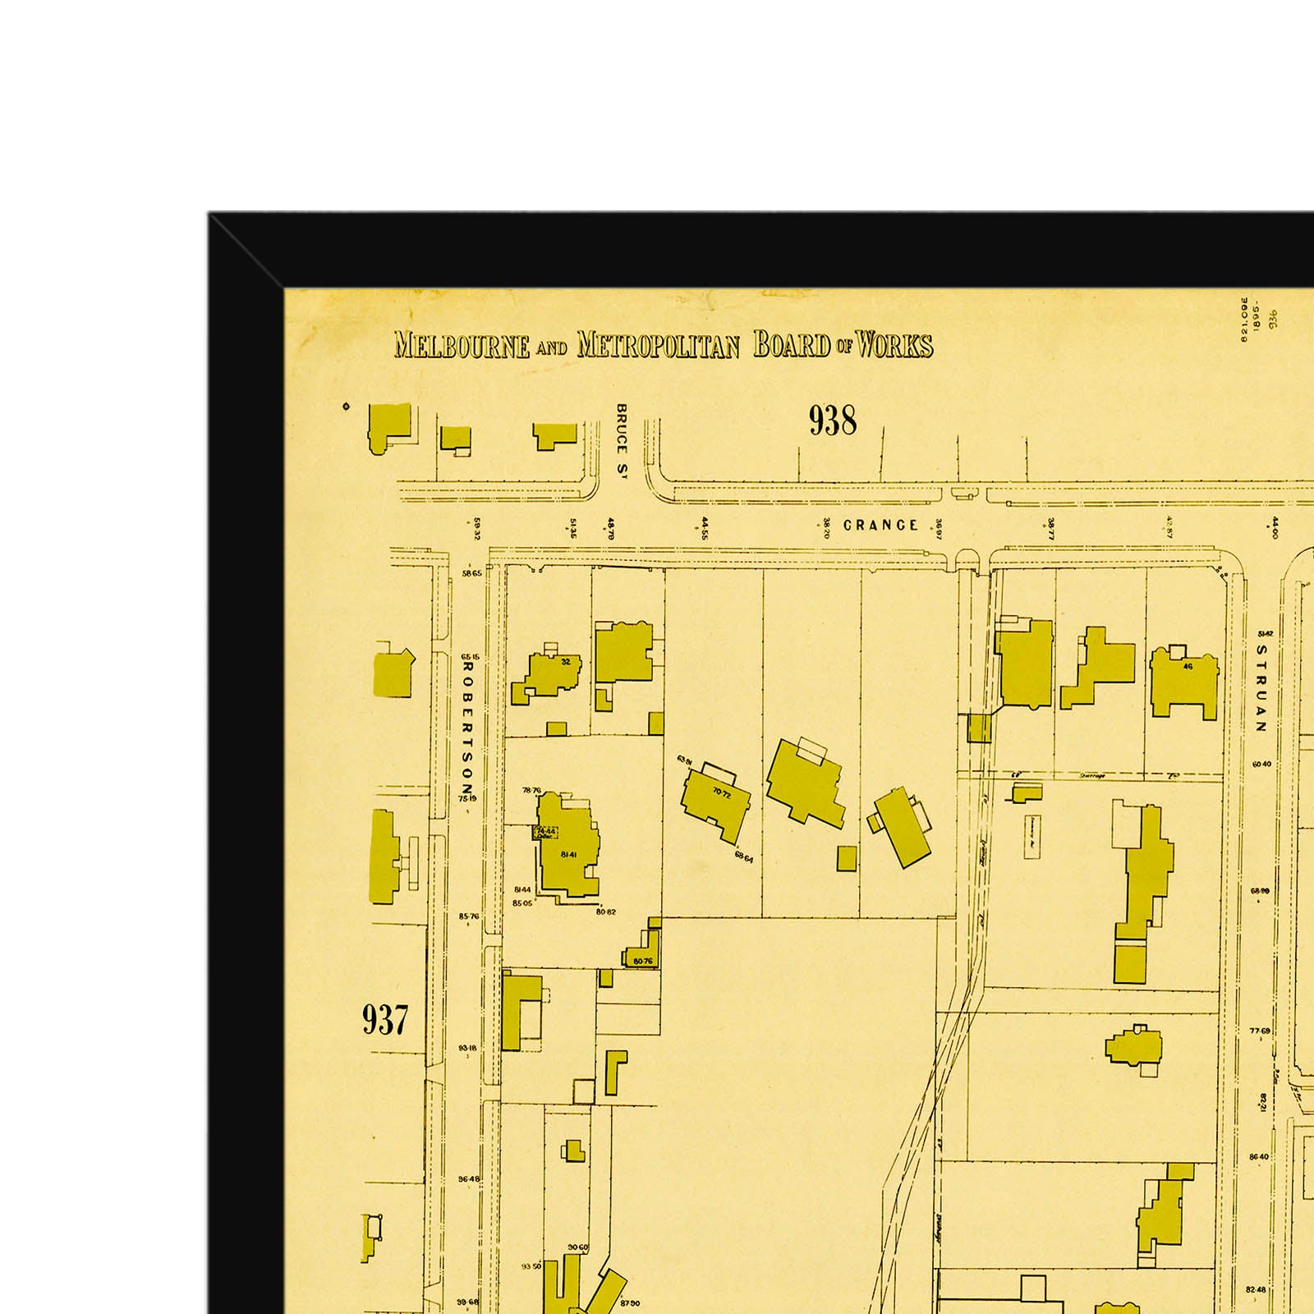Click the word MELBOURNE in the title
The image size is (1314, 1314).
pyautogui.click(x=462, y=345)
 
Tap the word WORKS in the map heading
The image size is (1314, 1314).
pyautogui.click(x=894, y=345)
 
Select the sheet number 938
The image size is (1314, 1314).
pyautogui.click(x=832, y=420)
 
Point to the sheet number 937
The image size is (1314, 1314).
pyautogui.click(x=384, y=1019)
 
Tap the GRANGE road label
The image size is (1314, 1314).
pyautogui.click(x=880, y=525)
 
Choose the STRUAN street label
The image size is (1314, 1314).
pyautogui.click(x=1261, y=687)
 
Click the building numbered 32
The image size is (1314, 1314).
pyautogui.click(x=554, y=673)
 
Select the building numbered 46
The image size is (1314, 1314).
pyautogui.click(x=1184, y=683)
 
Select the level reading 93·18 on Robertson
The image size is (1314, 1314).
pyautogui.click(x=468, y=1048)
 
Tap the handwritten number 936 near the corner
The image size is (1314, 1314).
pyautogui.click(x=1273, y=319)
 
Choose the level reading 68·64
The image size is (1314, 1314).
pyautogui.click(x=744, y=857)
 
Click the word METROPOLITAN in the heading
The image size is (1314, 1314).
pyautogui.click(x=658, y=345)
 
